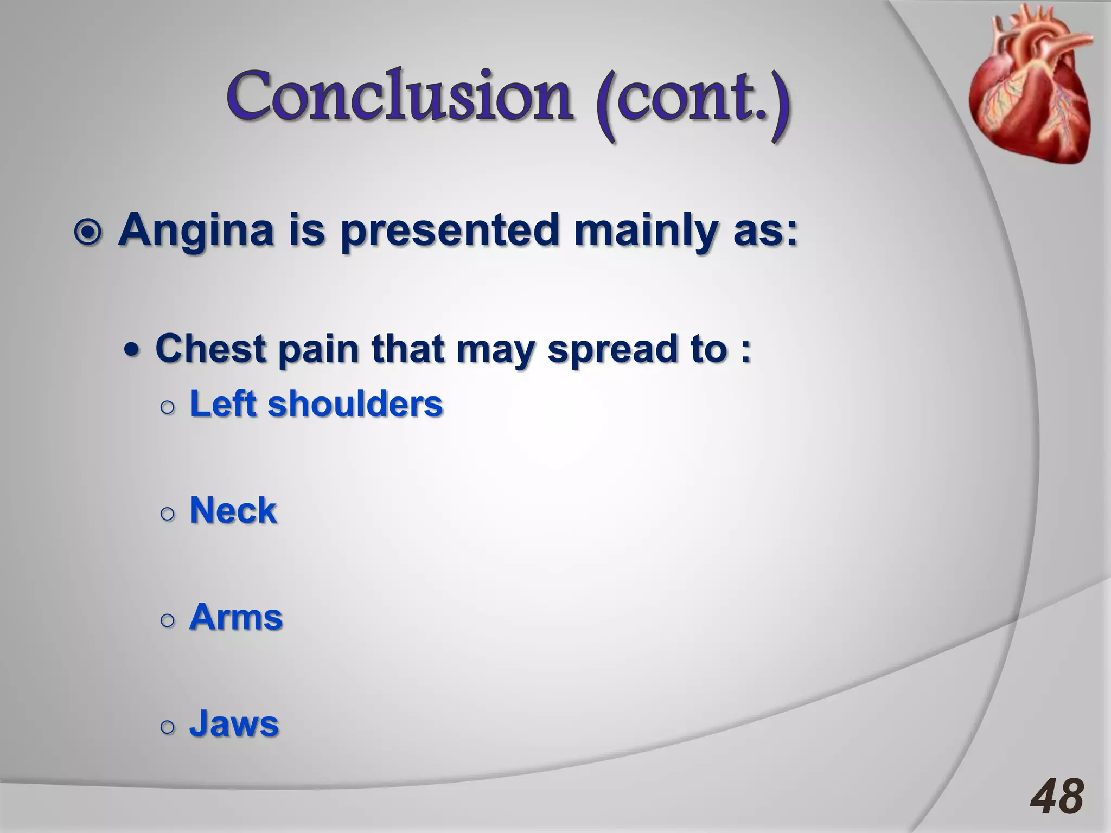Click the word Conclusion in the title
click(399, 98)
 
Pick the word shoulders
click(355, 404)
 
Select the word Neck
click(233, 510)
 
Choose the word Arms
click(236, 617)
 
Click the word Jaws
click(234, 723)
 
